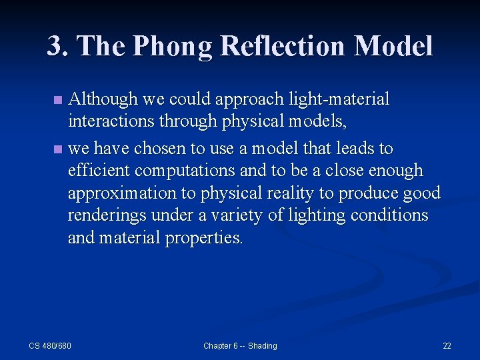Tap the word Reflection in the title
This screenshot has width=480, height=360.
286,46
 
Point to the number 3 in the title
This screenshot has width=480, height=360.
55,46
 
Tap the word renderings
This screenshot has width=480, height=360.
107,216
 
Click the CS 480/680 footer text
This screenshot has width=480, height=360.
50,345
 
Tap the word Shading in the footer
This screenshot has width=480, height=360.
261,345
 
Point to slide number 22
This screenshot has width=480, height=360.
447,345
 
